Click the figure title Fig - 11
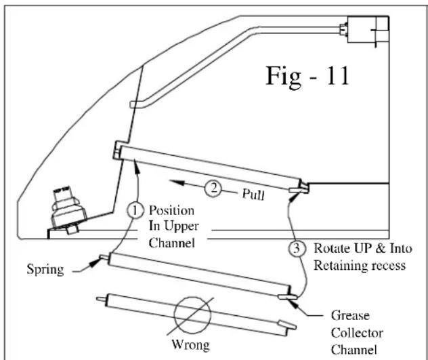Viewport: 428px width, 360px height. [307, 77]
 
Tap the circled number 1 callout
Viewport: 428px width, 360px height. [135, 210]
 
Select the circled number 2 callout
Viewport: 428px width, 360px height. [213, 188]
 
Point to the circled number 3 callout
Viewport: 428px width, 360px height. [297, 248]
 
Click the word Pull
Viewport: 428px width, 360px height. [253, 195]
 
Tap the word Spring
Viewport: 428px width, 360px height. [45, 270]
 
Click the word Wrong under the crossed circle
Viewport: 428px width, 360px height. [190, 345]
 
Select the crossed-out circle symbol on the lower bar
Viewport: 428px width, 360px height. [192, 315]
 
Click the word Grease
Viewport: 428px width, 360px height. [350, 316]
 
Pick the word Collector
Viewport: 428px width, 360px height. [357, 333]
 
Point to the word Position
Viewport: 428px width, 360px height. [172, 210]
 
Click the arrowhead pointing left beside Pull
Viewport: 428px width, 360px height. [177, 182]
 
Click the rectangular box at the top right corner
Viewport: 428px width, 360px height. [368, 29]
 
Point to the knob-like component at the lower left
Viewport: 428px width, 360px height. [68, 210]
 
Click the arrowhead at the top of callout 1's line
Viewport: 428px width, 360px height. [136, 167]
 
